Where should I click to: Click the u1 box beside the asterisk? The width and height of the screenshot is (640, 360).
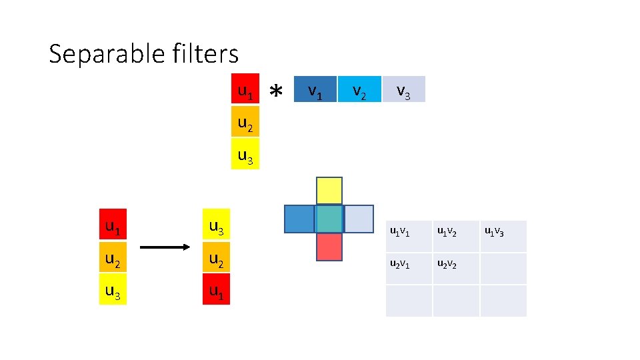coord(245,90)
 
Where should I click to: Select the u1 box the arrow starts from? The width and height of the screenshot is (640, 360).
coord(113,228)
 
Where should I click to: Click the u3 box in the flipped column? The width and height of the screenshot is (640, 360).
coord(216,228)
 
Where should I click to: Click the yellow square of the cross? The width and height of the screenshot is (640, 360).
coord(329,191)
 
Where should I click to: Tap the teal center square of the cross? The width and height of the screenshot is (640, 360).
coord(329,219)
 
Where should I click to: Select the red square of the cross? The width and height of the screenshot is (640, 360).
coord(329,247)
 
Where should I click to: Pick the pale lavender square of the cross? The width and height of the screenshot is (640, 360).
coord(359,219)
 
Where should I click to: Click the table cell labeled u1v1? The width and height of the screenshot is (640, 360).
coord(409,236)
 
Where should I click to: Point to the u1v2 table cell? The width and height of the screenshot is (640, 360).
coord(456,236)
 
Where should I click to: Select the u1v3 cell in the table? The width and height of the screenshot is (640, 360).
coord(503,236)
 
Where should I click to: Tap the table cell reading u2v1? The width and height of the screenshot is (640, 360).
coord(409,268)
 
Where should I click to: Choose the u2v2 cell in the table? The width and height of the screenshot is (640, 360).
coord(456,268)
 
